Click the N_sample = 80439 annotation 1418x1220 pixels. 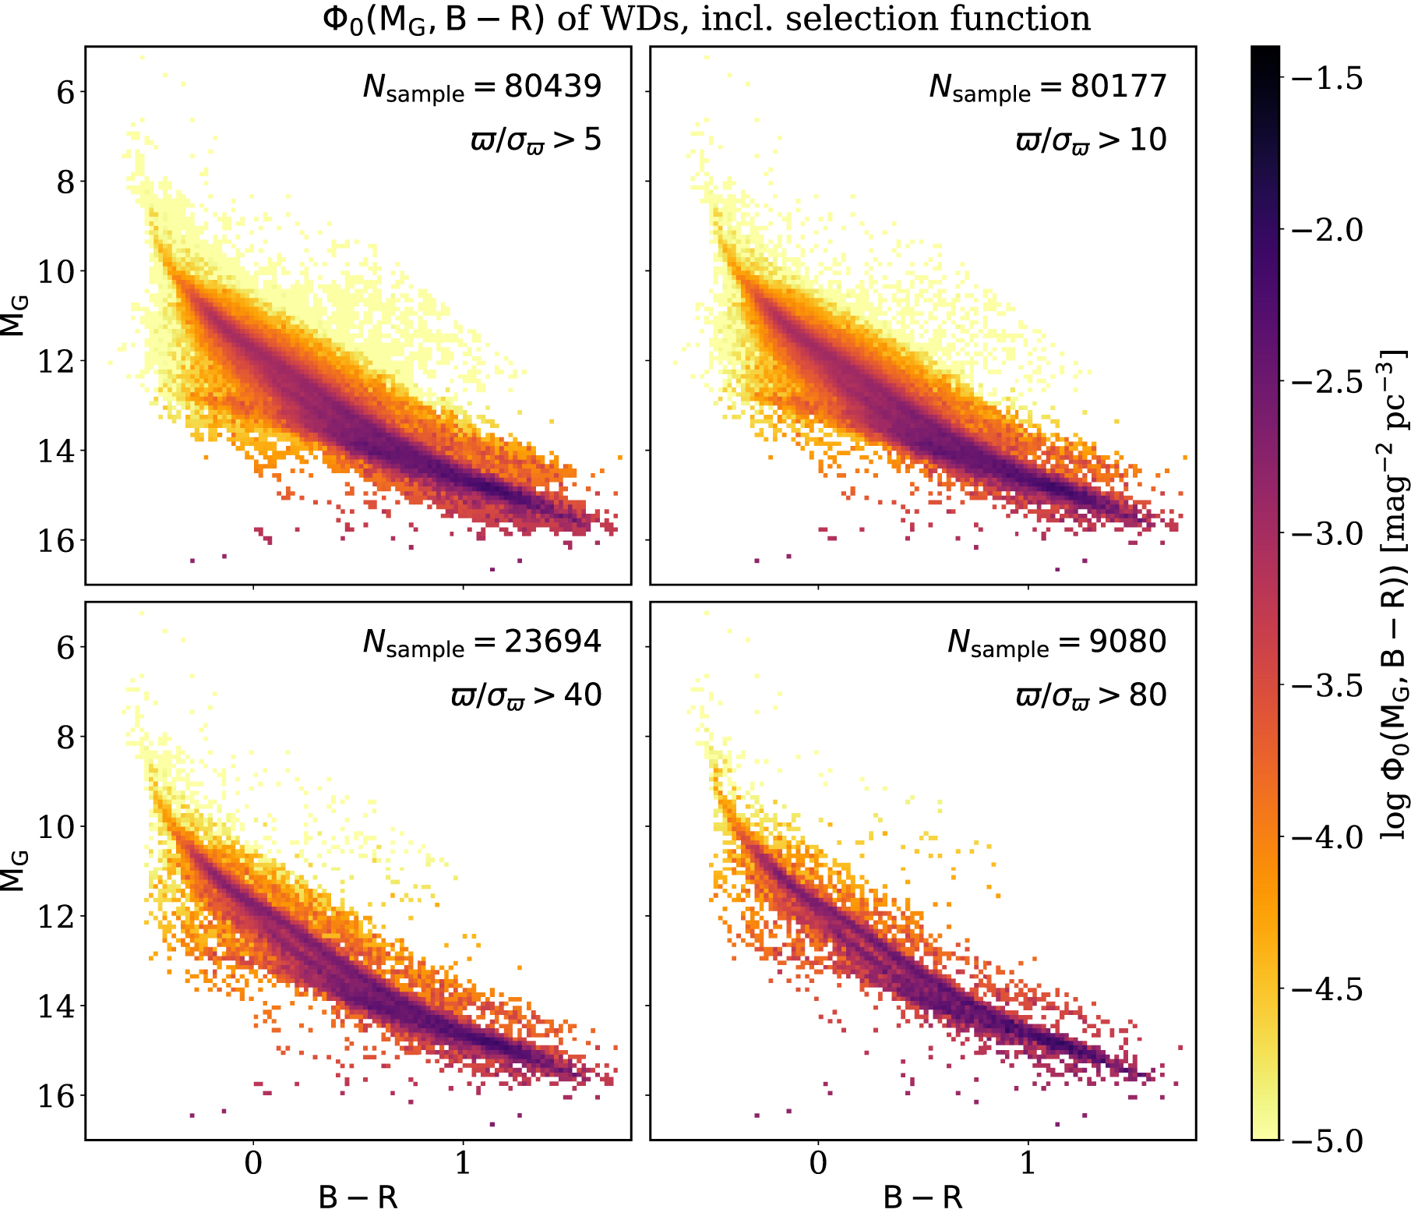point(482,87)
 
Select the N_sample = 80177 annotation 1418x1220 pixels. point(1048,87)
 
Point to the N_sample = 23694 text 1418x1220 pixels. point(482,642)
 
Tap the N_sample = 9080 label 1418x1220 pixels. point(1056,642)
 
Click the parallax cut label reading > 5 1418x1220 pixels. point(536,141)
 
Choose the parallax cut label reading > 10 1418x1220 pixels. point(1091,141)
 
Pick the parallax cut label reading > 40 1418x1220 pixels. point(526,695)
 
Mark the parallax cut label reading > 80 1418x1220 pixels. point(1091,695)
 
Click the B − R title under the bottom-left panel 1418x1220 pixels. point(358,1197)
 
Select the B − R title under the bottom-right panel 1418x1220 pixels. point(923,1197)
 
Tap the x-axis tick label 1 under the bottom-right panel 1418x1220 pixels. point(1028,1163)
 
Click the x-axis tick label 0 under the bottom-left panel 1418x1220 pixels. point(253,1163)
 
